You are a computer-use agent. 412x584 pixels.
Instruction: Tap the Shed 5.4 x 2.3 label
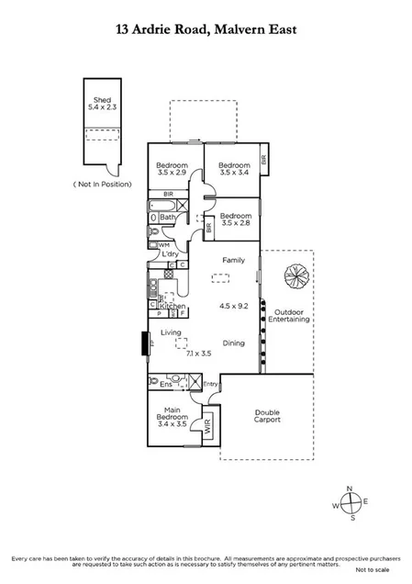click(98, 104)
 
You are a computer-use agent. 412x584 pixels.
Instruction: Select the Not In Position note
click(102, 185)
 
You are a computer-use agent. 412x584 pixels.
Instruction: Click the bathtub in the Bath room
click(154, 218)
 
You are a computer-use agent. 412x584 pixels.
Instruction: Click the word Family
click(232, 262)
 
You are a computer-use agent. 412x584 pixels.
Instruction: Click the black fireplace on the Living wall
click(143, 343)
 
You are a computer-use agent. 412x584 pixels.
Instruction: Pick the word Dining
click(233, 343)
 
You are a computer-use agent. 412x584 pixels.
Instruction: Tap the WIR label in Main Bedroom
click(206, 425)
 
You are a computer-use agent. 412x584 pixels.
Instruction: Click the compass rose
click(351, 503)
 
